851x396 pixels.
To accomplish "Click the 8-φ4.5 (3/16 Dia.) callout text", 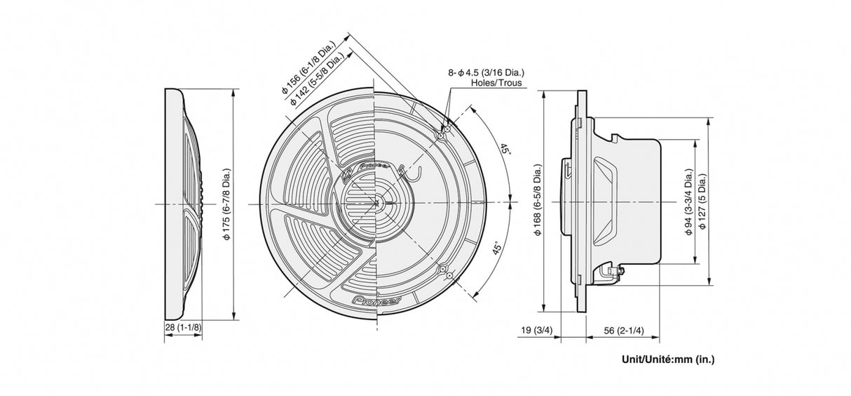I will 486,72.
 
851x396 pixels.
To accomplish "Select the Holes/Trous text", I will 496,83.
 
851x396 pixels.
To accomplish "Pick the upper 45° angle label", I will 504,150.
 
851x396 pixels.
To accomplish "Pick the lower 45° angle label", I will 497,253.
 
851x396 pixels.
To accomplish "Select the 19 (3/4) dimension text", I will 536,330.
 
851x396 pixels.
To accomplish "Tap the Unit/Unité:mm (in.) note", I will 668,359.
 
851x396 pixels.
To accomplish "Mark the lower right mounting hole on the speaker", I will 442,270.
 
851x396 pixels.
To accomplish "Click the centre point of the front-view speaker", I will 376,204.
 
